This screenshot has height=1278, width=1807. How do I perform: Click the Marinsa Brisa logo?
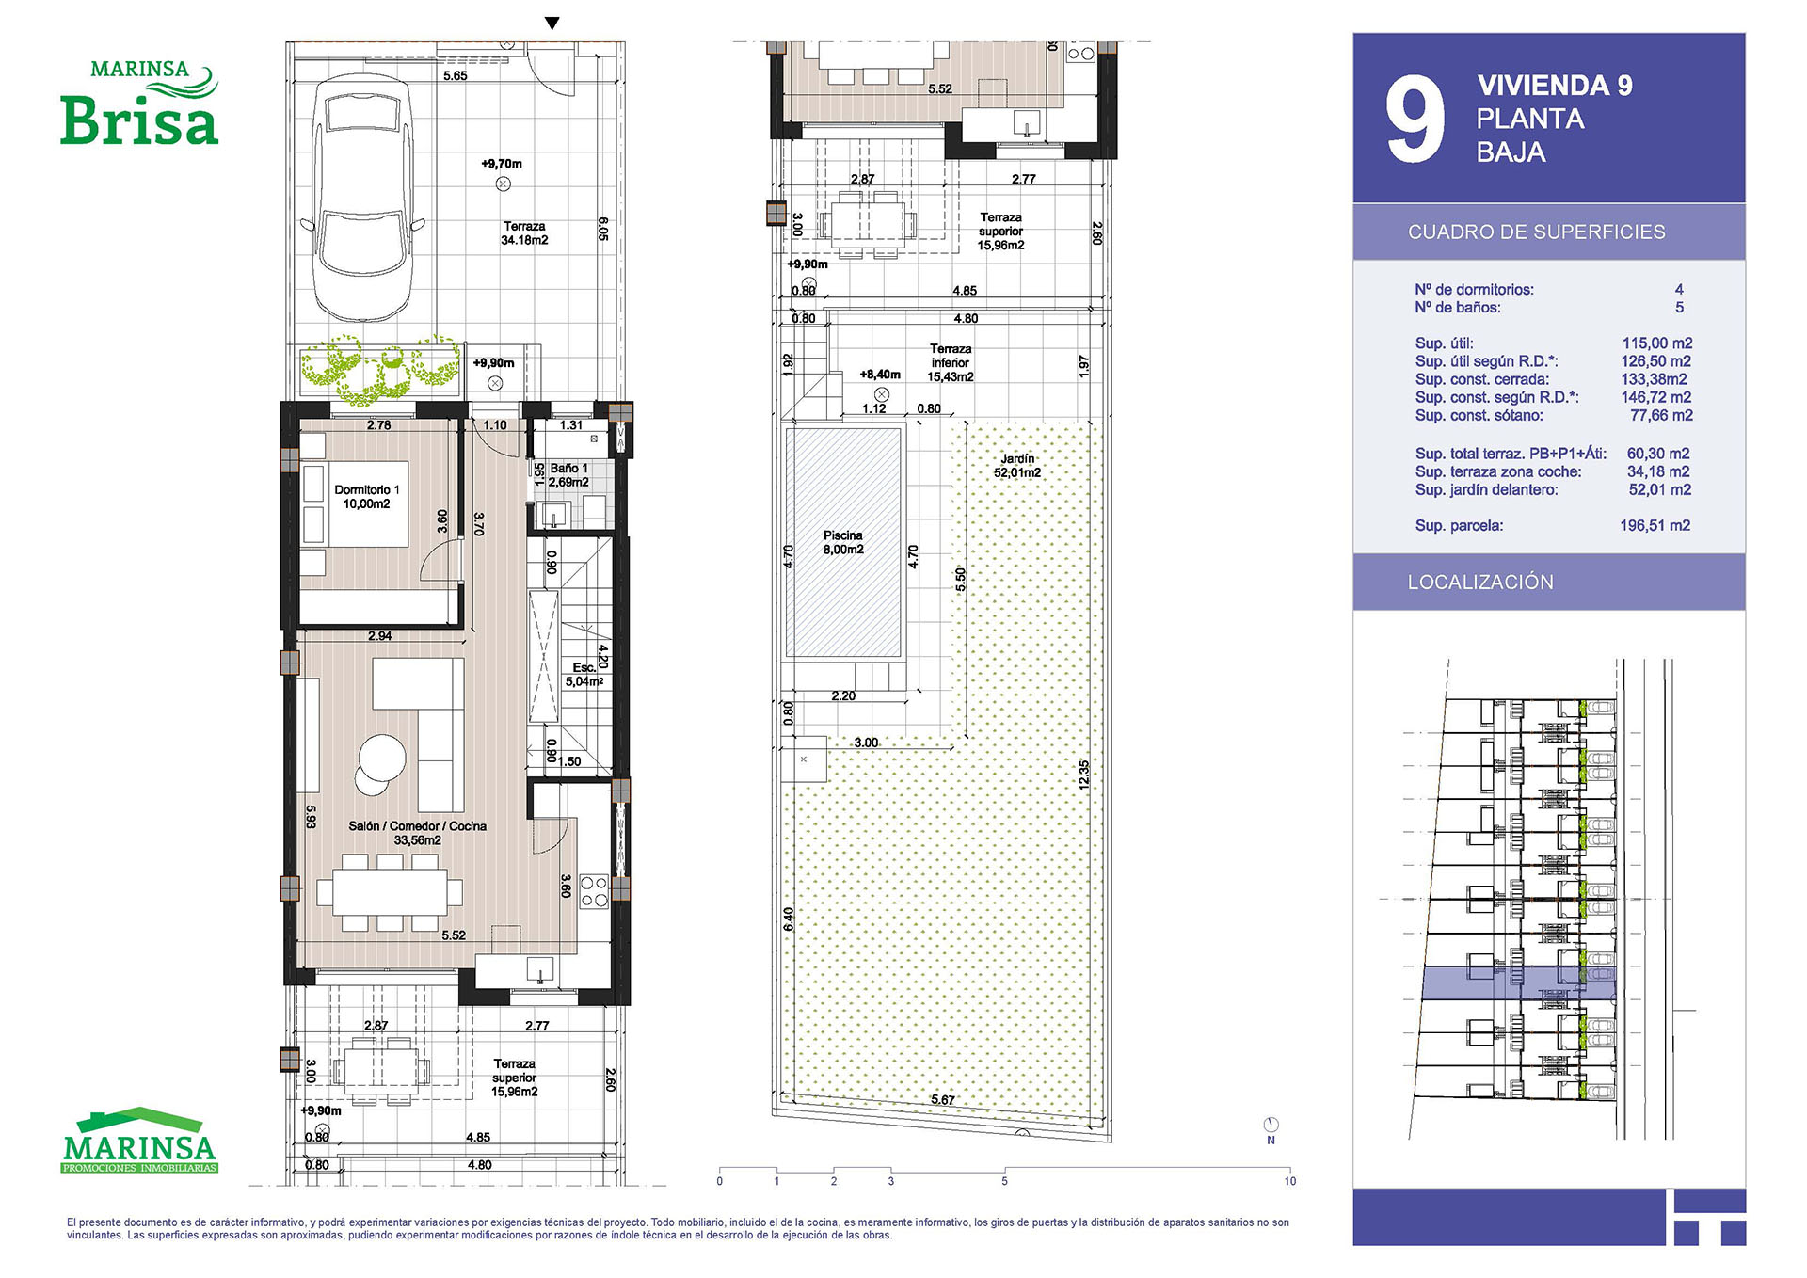coord(139,103)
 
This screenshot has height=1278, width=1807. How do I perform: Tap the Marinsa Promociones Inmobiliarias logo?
coord(139,1141)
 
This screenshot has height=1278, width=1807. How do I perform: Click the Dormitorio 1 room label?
coord(366,497)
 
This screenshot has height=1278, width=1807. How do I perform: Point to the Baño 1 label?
coord(568,475)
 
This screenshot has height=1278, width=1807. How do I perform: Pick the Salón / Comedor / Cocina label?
coord(417,833)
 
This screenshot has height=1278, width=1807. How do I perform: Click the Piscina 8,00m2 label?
coord(842,542)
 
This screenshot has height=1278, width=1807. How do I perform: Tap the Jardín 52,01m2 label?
coord(1017,465)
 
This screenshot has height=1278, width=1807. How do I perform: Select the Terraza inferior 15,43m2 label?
coord(951,362)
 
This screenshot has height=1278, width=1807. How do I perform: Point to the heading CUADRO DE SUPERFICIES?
coord(1536,232)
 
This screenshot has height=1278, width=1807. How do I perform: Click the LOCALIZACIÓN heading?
coord(1480,582)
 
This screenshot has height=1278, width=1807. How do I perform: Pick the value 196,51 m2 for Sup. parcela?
coord(1655,525)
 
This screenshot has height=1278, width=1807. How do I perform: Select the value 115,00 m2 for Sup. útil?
coord(1656,343)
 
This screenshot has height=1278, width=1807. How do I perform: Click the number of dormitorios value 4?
coord(1679,290)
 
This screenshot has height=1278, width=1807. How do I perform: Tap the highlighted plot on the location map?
coord(1518,983)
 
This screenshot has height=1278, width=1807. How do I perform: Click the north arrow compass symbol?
coord(1271,1125)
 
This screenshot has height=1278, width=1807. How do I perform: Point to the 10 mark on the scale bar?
coord(1289,1181)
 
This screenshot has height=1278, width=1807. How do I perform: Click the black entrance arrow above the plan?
coord(552,24)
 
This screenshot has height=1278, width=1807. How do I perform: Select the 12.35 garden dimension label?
coord(1084,775)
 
